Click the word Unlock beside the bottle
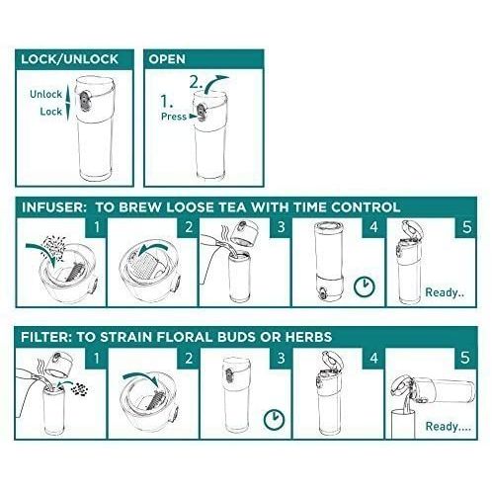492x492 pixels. [x=45, y=94]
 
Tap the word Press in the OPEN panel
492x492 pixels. [x=174, y=117]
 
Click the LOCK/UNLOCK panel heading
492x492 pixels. [x=69, y=59]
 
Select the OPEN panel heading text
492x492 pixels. [x=167, y=59]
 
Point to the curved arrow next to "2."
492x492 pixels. [x=213, y=82]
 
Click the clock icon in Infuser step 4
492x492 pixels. [x=365, y=286]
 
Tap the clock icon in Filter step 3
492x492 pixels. [x=275, y=419]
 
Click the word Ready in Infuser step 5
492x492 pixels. [x=442, y=292]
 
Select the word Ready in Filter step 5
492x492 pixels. [x=442, y=426]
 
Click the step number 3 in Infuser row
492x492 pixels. [x=281, y=227]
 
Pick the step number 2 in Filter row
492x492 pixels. [x=189, y=358]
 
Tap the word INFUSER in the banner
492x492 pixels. [x=53, y=207]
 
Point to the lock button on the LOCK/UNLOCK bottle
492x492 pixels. [x=84, y=101]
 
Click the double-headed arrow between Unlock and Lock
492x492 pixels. [x=67, y=103]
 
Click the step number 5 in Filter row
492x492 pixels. [x=465, y=358]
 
